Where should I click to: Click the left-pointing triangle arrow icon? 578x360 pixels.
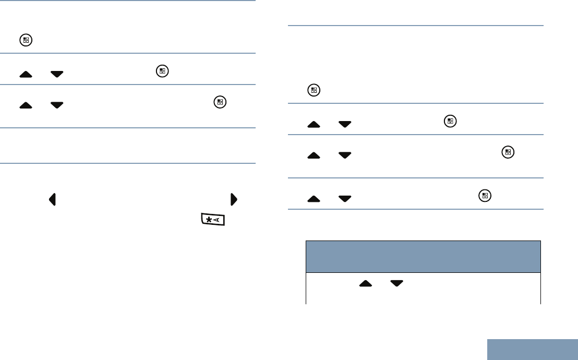52,199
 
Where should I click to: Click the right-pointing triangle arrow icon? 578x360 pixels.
234,199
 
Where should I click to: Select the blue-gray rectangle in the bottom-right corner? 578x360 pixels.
533,350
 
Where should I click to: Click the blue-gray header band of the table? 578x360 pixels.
423,256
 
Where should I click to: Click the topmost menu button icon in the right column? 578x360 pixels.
314,90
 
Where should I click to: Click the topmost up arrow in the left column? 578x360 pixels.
26,74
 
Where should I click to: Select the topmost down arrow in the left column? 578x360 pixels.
57,74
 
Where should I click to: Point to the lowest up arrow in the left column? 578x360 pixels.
26,105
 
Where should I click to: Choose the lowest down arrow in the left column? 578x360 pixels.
57,105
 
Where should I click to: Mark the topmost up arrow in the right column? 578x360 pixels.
314,124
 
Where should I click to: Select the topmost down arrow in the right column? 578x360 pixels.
345,124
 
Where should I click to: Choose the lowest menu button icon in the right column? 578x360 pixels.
485,195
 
